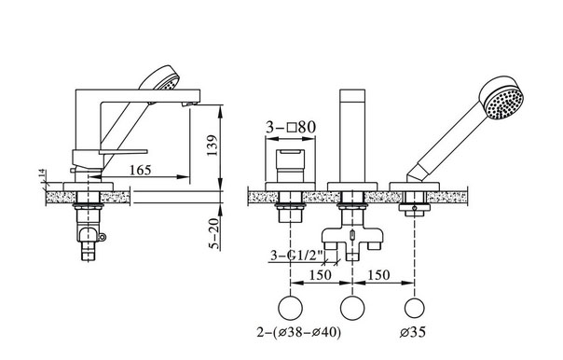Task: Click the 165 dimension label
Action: [141, 170]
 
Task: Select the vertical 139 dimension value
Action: [213, 145]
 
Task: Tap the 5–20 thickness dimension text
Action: [213, 234]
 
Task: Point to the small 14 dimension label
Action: [43, 173]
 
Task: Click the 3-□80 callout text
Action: [291, 127]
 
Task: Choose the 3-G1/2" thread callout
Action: [296, 256]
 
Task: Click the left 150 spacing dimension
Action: [321, 275]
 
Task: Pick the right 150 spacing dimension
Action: [379, 275]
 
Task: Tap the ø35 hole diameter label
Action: [413, 332]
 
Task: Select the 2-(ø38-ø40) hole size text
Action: [298, 332]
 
